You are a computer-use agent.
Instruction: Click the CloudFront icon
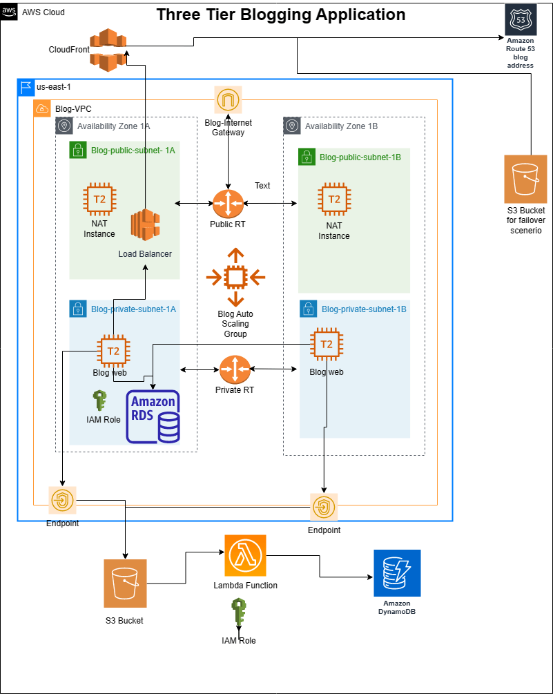tap(108, 50)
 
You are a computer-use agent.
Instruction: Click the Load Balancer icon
tap(145, 226)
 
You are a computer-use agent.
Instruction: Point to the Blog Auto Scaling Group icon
tap(235, 277)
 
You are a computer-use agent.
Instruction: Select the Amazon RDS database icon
tap(153, 416)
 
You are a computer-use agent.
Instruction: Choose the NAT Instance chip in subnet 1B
tap(333, 200)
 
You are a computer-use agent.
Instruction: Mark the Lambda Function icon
tap(245, 555)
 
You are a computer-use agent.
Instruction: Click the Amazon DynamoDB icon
tap(397, 573)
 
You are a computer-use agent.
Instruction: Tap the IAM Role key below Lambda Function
tap(238, 613)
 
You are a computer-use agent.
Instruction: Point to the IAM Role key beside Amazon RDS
tap(99, 401)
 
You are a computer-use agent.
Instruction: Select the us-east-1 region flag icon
tap(26, 87)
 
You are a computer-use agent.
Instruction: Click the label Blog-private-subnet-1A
tap(133, 309)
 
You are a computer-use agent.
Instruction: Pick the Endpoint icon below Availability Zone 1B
tap(324, 508)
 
